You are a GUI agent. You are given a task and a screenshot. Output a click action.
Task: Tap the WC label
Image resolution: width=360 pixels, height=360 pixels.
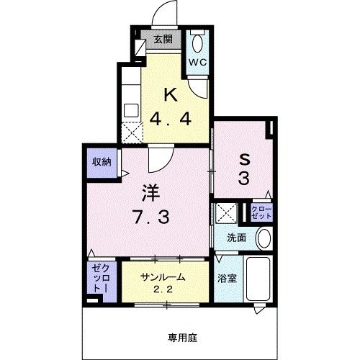point(198,62)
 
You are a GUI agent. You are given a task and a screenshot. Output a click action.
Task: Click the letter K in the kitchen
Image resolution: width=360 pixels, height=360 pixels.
point(171,94)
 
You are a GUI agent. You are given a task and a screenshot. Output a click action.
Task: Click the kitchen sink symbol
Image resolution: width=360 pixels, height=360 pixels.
point(132,110)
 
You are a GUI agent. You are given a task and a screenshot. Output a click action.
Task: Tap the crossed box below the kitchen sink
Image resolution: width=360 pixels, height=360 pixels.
point(132,132)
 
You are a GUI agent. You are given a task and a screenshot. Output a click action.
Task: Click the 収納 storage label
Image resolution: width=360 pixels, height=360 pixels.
point(101,162)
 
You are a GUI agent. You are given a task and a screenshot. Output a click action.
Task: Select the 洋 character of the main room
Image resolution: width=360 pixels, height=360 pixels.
point(150,192)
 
